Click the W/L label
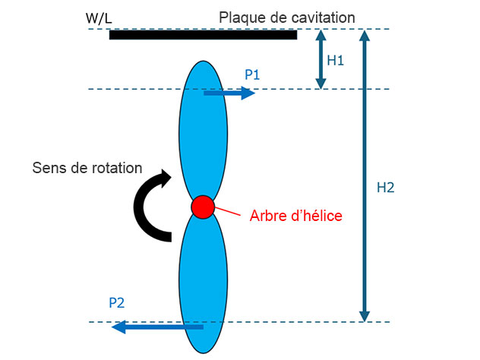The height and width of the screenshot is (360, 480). pos(99,18)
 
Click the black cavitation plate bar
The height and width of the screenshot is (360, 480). pos(203,35)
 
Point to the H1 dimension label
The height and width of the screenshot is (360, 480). pos(335,60)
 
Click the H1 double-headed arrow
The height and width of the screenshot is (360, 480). pos(321,59)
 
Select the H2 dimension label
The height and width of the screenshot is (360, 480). pos(385,188)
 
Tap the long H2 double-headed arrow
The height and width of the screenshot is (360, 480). pos(365,175)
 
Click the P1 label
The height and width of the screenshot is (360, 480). pos(252,74)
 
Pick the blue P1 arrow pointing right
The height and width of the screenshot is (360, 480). pos(229,93)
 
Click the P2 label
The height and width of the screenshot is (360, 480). pos(117,303)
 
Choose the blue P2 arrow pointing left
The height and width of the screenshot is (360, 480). pos(157,327)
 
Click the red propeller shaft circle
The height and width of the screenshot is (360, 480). pos(203,207)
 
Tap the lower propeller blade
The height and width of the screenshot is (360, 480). pos(203,283)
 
